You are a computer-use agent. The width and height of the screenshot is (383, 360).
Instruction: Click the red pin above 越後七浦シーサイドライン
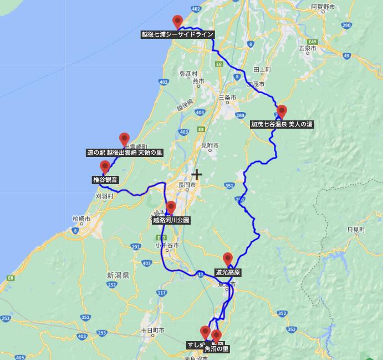(178, 22)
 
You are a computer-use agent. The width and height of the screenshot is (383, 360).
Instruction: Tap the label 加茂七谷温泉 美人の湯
(282, 124)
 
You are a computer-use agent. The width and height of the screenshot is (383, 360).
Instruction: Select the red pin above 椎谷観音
(105, 167)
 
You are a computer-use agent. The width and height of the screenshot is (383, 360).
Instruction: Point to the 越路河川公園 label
(171, 220)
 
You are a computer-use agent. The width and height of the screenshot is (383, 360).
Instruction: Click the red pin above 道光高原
(228, 259)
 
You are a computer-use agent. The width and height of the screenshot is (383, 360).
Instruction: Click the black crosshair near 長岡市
(197, 175)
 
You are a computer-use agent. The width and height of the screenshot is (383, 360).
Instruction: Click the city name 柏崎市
(81, 219)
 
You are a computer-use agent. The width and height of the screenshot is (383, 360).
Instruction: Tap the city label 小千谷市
(167, 245)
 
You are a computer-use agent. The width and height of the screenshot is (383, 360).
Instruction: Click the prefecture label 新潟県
(118, 275)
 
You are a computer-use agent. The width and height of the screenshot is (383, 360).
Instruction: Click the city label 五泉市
(307, 49)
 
